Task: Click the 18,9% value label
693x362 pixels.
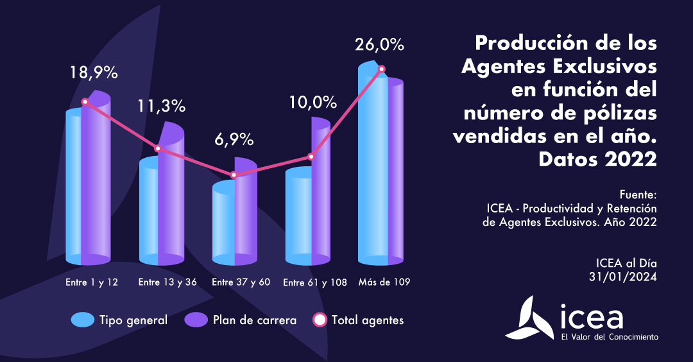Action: point(94,73)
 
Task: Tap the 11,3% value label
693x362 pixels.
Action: point(161,106)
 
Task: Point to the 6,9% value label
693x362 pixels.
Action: point(233,139)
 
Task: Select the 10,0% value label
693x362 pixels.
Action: point(312,102)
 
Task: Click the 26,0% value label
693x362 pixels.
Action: point(380,45)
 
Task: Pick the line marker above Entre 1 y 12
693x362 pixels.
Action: point(85,101)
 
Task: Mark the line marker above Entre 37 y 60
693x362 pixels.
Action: point(234,175)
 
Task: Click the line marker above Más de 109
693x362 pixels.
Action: point(382,69)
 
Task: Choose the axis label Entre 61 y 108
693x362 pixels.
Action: point(315,283)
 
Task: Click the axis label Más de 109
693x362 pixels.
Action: point(384,282)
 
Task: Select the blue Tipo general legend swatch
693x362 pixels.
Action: point(83,320)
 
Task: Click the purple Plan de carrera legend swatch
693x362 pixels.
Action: point(196,320)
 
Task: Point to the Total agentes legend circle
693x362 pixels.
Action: point(318,320)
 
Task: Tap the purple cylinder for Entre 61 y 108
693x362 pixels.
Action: point(320,193)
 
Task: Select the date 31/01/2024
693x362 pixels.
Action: point(624,277)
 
